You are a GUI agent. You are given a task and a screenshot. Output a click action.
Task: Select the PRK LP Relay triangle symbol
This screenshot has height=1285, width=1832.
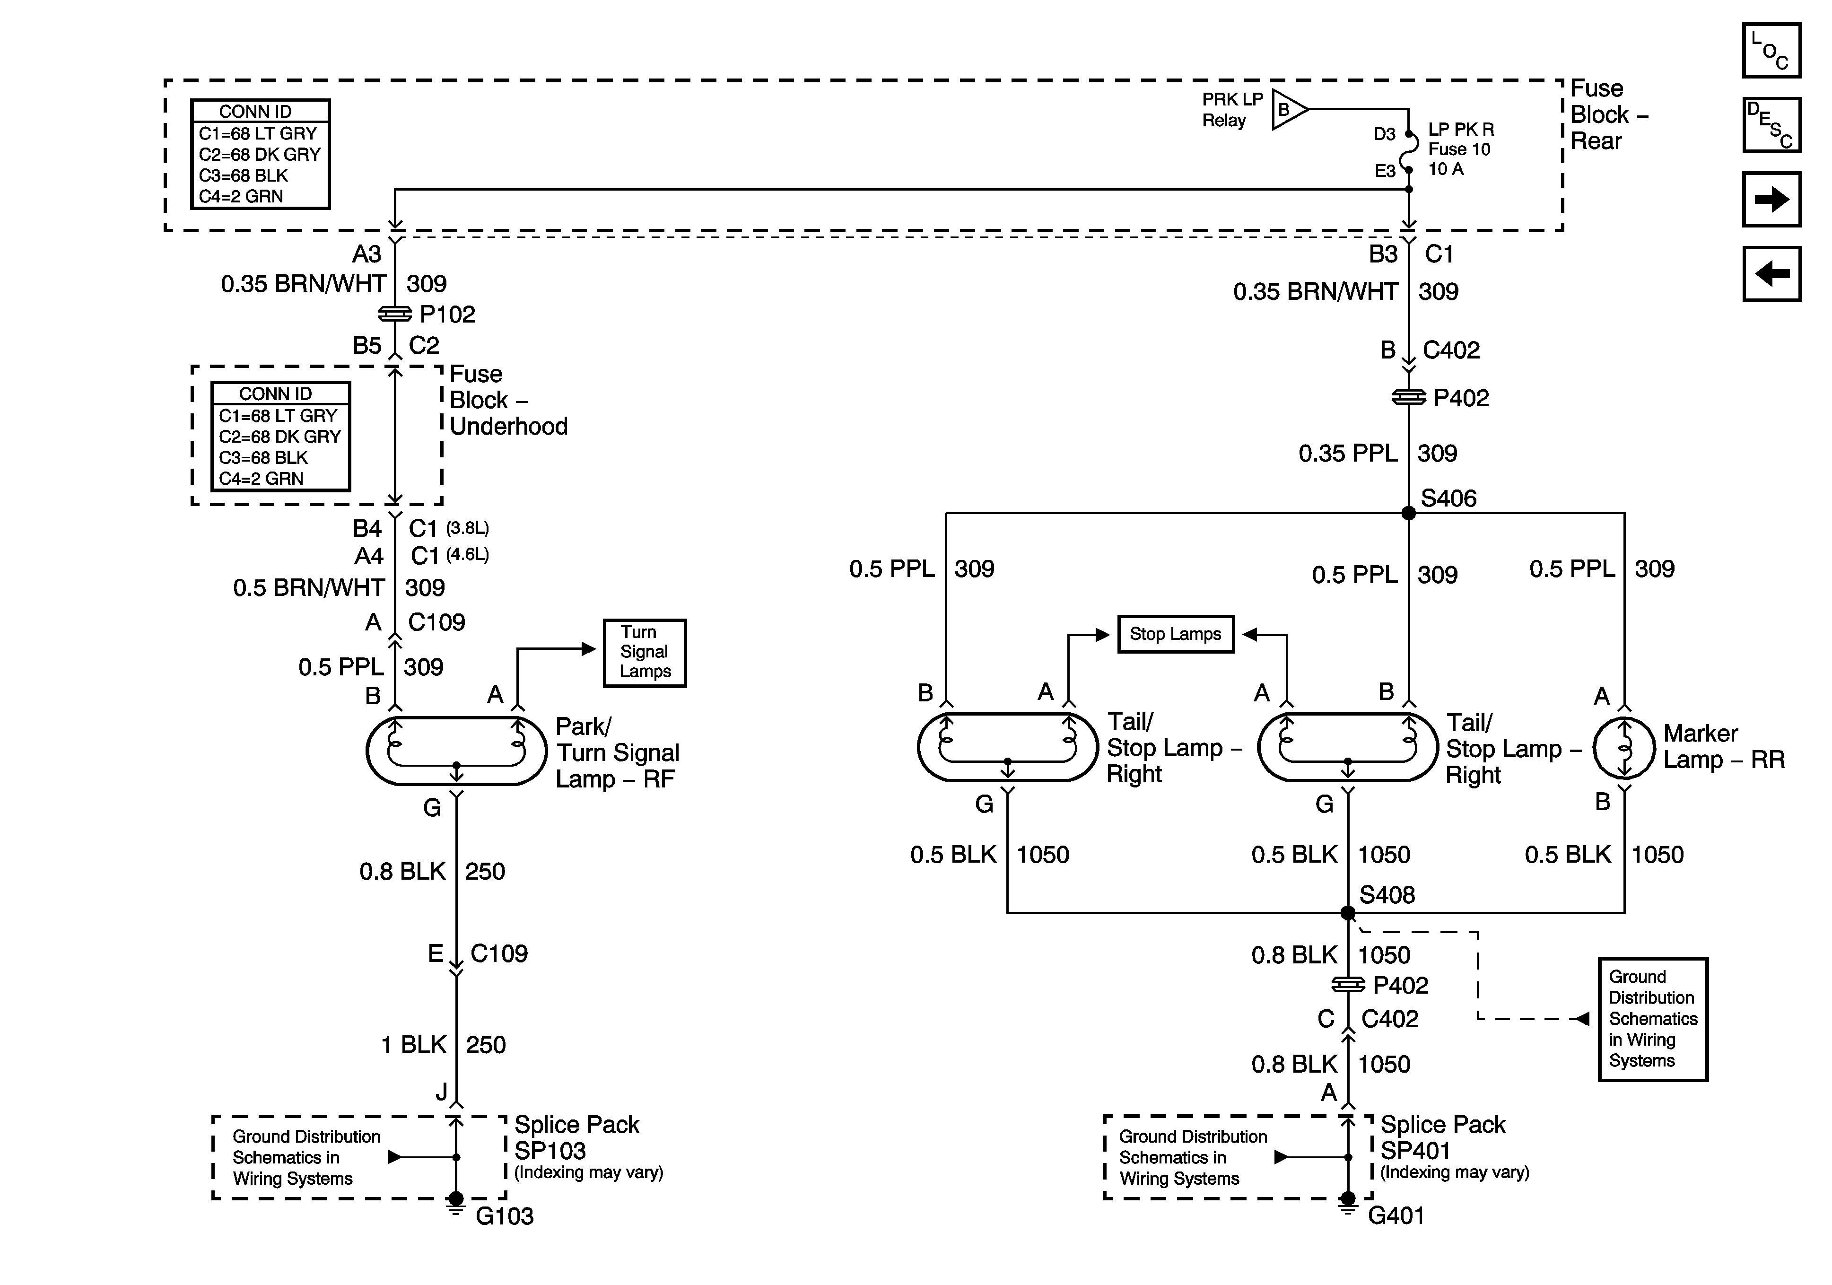[1288, 109]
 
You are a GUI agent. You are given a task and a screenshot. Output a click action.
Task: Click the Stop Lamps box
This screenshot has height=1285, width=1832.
[1175, 635]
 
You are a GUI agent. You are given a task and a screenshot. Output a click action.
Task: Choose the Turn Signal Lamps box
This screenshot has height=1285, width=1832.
[644, 653]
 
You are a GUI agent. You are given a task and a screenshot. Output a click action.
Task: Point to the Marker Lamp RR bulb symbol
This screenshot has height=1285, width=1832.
[1624, 748]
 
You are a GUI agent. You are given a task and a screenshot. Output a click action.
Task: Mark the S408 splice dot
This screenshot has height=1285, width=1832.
[1348, 912]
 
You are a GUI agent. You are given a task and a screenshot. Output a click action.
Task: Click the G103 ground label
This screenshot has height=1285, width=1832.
[504, 1216]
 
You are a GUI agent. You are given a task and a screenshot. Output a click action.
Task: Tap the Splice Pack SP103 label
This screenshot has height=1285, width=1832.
[577, 1138]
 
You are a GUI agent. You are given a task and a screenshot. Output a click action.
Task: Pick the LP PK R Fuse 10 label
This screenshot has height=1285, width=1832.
[1460, 149]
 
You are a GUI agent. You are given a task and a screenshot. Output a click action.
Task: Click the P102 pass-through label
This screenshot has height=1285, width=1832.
[447, 315]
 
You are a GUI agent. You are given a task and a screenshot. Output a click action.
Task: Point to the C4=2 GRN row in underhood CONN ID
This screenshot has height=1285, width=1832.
[262, 479]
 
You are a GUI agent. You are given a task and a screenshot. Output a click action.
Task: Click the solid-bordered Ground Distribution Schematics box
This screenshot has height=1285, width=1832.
[1652, 1019]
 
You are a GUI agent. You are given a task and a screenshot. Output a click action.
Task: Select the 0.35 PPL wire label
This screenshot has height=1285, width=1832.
[1348, 454]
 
